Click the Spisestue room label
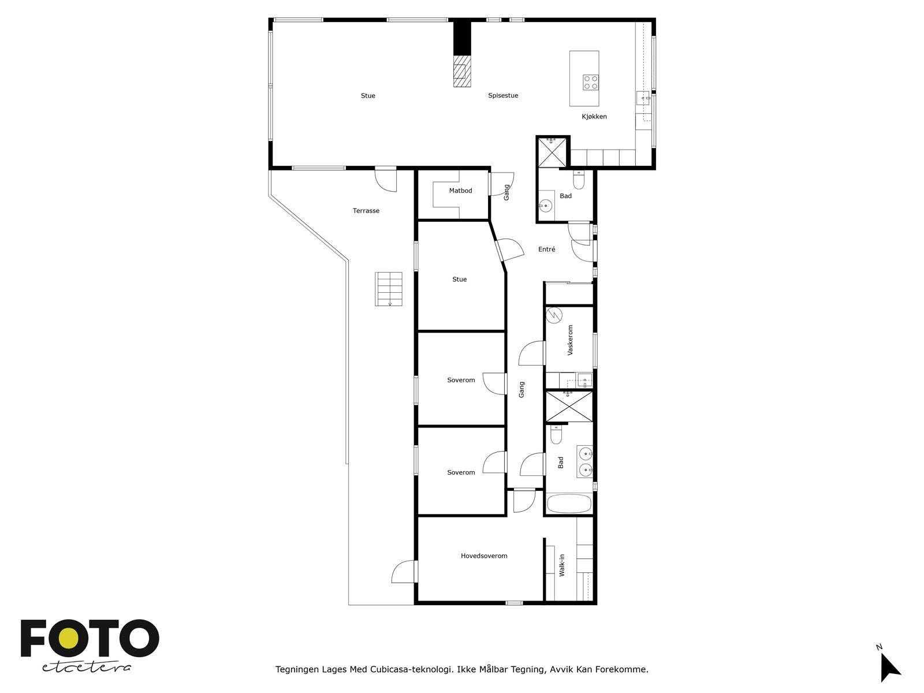pyautogui.click(x=503, y=96)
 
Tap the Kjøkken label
pyautogui.click(x=594, y=117)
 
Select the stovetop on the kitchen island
pyautogui.click(x=590, y=82)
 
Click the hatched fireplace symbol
pyautogui.click(x=461, y=71)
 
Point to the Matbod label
pyautogui.click(x=460, y=191)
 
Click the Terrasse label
pyautogui.click(x=366, y=211)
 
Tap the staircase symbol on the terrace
pyautogui.click(x=389, y=289)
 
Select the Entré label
pyautogui.click(x=546, y=249)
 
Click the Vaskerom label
pyautogui.click(x=571, y=340)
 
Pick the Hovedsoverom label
pyautogui.click(x=484, y=556)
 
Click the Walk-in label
pyautogui.click(x=562, y=565)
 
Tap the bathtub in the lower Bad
pyautogui.click(x=569, y=504)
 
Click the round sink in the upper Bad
pyautogui.click(x=545, y=204)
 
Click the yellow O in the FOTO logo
pyautogui.click(x=70, y=639)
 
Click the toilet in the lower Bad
pyautogui.click(x=556, y=435)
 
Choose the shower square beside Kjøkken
pyautogui.click(x=553, y=151)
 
